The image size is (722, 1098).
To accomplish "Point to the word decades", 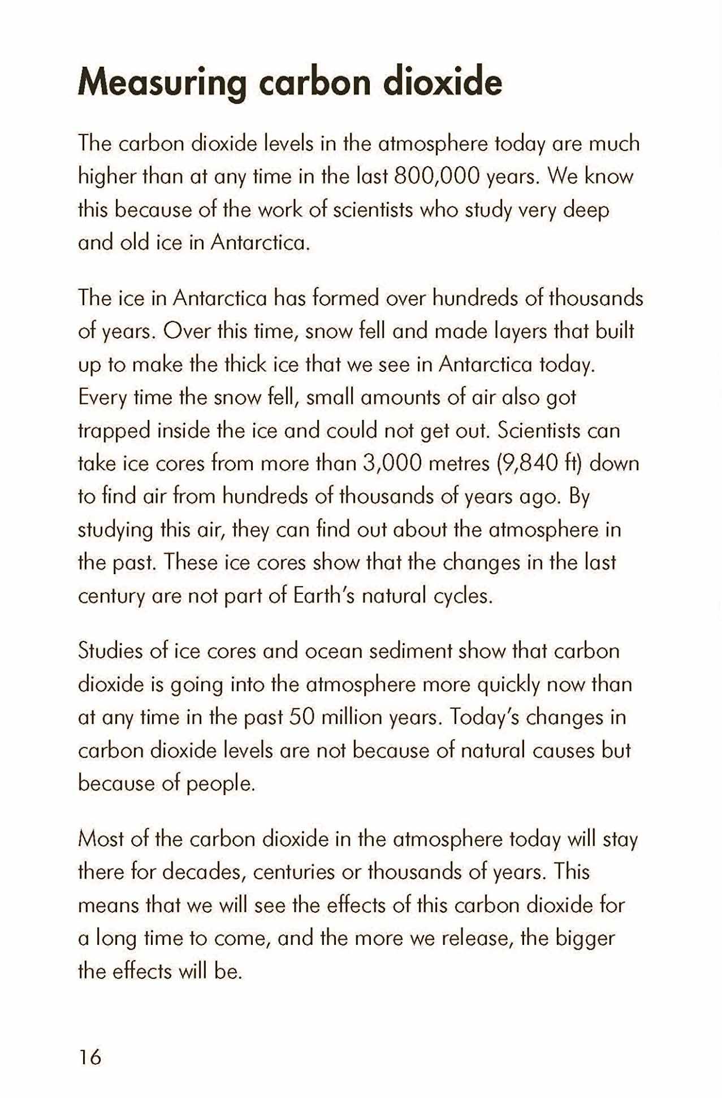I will click(x=204, y=872).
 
